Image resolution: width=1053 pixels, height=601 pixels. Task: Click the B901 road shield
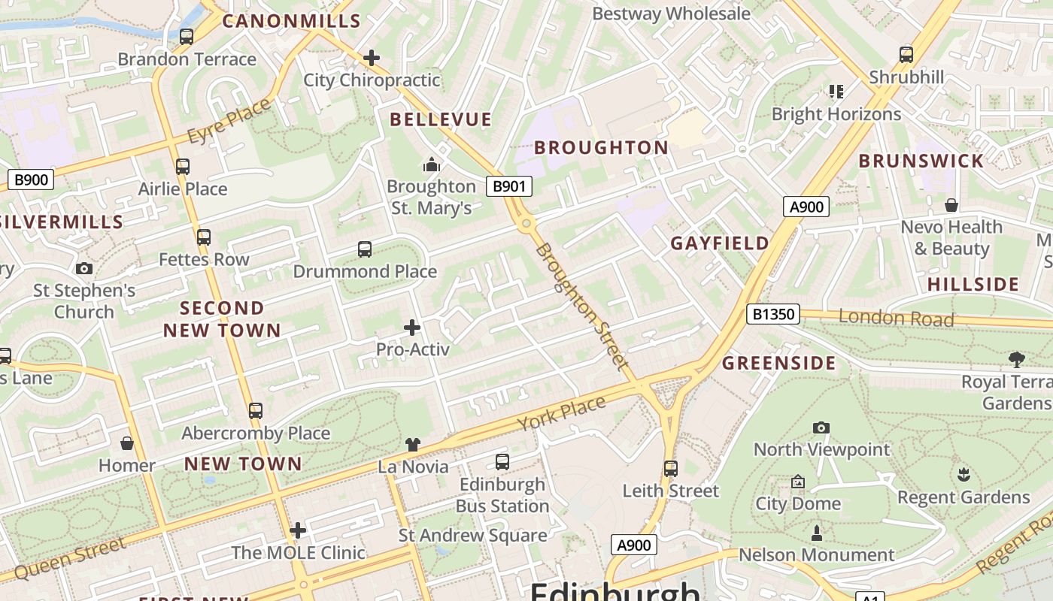509,186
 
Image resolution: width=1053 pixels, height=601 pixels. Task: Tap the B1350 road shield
773,314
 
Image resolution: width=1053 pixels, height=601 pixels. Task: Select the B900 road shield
31,180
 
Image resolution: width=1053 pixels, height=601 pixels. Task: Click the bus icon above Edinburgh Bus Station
502,462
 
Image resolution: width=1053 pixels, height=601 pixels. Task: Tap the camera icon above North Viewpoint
821,427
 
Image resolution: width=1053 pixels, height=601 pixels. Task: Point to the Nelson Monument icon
817,533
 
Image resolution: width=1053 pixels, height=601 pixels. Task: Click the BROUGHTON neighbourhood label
601,147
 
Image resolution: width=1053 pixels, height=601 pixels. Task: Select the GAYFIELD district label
720,243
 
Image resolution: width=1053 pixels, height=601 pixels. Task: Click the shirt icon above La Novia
412,444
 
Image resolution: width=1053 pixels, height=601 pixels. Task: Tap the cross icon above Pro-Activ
412,327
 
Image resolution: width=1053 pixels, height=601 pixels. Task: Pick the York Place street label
562,413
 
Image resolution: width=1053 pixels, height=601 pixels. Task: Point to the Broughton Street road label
582,306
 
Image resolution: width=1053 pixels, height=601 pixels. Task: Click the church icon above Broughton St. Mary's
432,164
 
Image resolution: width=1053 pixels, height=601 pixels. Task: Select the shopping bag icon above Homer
127,443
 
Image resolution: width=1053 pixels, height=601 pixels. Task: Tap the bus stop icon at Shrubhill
906,55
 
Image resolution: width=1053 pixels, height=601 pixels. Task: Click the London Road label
896,318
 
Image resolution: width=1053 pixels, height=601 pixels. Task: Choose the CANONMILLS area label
292,21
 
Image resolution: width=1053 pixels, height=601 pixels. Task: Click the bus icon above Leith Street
671,469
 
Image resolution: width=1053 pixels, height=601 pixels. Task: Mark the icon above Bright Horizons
836,92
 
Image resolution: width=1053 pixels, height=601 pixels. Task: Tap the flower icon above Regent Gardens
963,475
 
